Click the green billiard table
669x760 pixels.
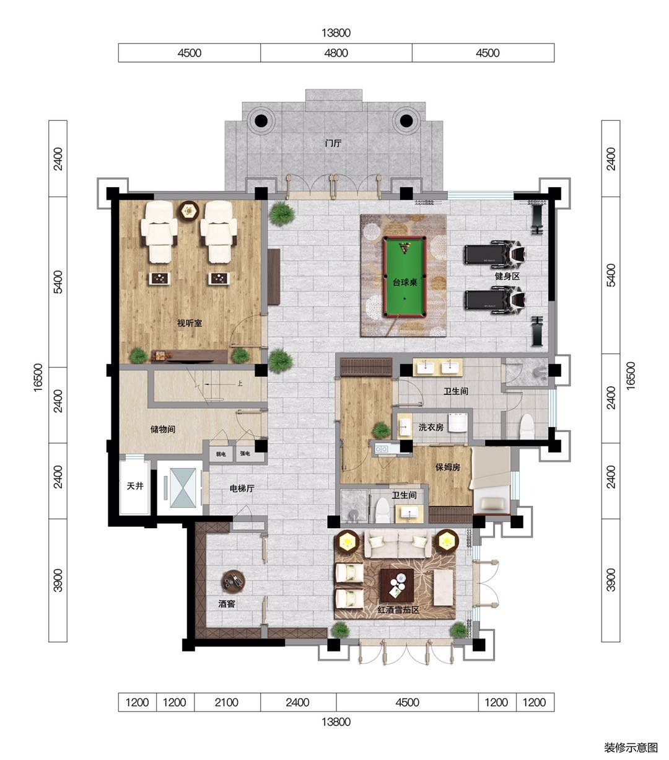[404, 277]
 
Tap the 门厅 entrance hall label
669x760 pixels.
[333, 143]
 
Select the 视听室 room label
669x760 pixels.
[190, 323]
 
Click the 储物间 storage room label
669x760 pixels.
[163, 429]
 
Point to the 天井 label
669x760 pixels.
[135, 486]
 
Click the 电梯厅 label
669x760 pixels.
[242, 488]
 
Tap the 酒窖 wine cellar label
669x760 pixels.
[227, 604]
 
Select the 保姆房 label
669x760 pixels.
[447, 467]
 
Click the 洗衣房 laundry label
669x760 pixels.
[431, 427]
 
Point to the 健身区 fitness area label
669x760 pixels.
[507, 276]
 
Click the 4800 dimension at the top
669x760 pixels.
[336, 53]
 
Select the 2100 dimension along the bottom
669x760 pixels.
[226, 702]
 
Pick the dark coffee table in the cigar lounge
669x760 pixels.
[397, 585]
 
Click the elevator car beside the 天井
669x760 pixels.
[183, 488]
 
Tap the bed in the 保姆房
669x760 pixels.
[491, 481]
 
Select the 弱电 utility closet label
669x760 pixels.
[221, 454]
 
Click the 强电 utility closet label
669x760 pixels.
[245, 454]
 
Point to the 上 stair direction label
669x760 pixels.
[240, 383]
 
